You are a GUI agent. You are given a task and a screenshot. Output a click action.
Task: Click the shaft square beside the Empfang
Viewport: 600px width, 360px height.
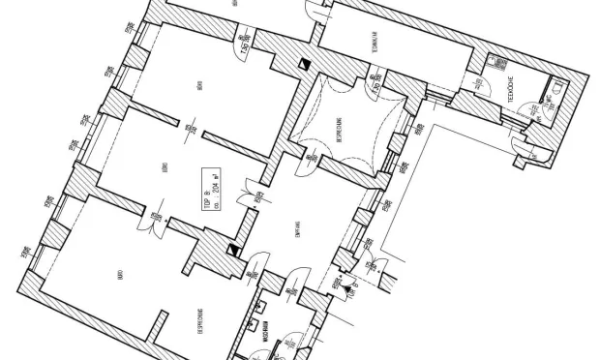click(233, 249)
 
